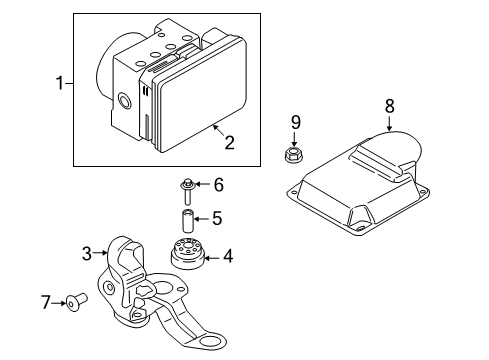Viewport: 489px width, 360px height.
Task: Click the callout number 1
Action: pyautogui.click(x=59, y=84)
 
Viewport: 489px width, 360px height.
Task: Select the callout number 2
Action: pyautogui.click(x=229, y=143)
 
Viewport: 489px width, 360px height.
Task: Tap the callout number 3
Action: pyautogui.click(x=86, y=253)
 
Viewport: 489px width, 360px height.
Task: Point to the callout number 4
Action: pyautogui.click(x=228, y=257)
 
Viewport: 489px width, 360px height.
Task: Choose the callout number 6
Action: pyautogui.click(x=219, y=184)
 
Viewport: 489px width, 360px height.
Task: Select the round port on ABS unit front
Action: pyautogui.click(x=124, y=101)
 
